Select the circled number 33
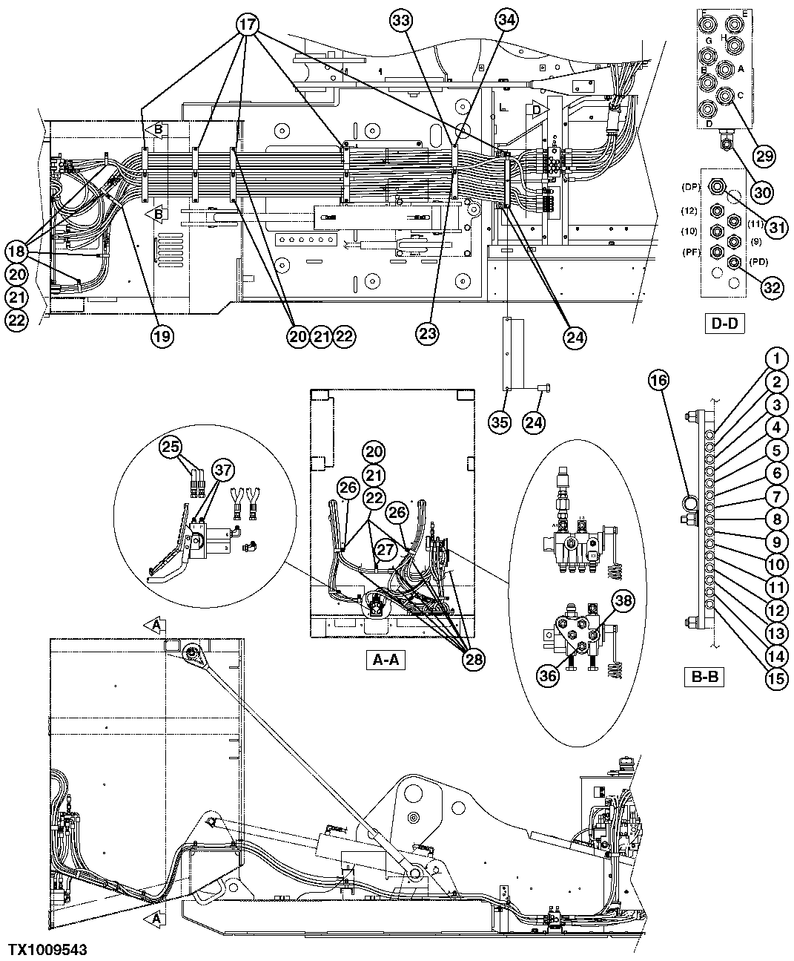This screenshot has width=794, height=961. [402, 22]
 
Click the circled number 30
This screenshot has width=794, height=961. [763, 192]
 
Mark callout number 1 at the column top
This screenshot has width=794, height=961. [775, 360]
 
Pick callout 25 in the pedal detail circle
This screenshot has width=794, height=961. [172, 447]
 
